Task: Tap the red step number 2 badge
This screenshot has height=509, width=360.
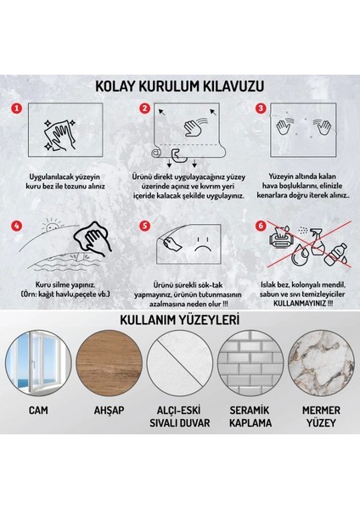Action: tap(144, 108)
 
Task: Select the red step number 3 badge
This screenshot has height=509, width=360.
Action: tap(261, 108)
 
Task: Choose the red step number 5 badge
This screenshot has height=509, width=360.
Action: tap(144, 227)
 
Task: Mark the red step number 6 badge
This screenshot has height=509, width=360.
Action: tap(261, 227)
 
